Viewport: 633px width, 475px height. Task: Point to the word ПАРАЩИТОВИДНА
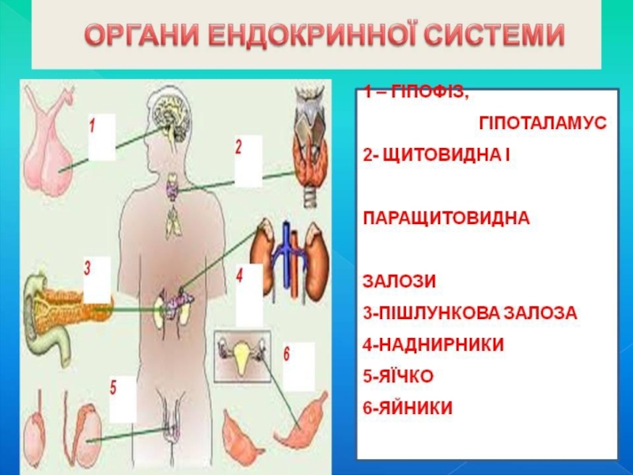click(x=445, y=216)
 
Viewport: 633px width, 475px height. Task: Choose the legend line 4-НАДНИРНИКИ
click(x=434, y=344)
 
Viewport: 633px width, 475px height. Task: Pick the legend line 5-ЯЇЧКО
click(x=399, y=376)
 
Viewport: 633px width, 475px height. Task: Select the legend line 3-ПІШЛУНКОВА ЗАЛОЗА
click(x=470, y=313)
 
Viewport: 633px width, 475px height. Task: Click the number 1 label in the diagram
click(x=93, y=125)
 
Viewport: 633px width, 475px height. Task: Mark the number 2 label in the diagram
click(x=238, y=146)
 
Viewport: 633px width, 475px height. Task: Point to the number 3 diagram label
click(x=88, y=268)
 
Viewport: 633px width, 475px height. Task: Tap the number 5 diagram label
click(x=114, y=388)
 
